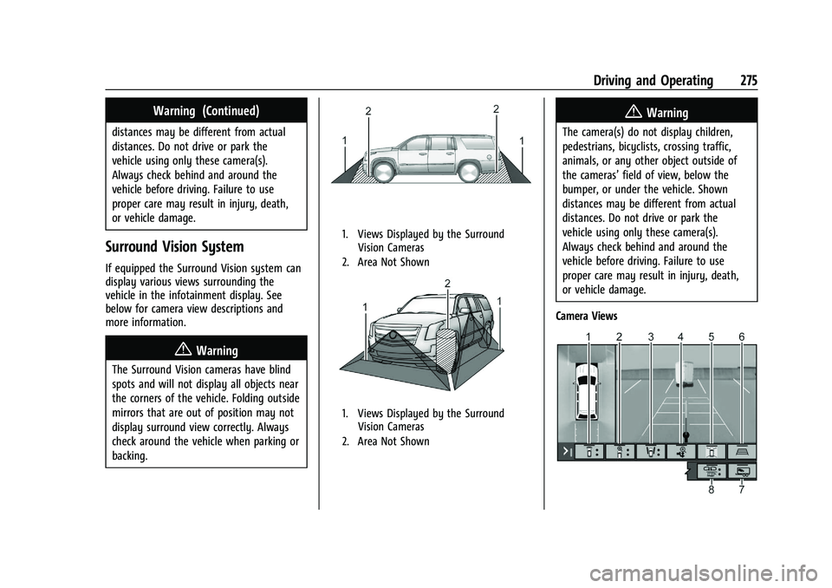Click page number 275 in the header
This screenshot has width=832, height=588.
click(749, 80)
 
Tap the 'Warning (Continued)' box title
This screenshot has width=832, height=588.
click(205, 110)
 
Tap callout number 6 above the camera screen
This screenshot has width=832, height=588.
click(743, 336)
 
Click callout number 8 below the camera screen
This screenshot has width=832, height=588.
click(712, 489)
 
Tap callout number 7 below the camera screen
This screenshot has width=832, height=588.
click(742, 489)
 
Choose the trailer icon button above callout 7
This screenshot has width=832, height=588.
click(743, 471)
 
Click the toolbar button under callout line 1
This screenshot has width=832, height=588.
click(589, 451)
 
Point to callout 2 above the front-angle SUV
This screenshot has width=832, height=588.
click(446, 284)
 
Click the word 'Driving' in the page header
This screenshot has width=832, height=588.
click(616, 80)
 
